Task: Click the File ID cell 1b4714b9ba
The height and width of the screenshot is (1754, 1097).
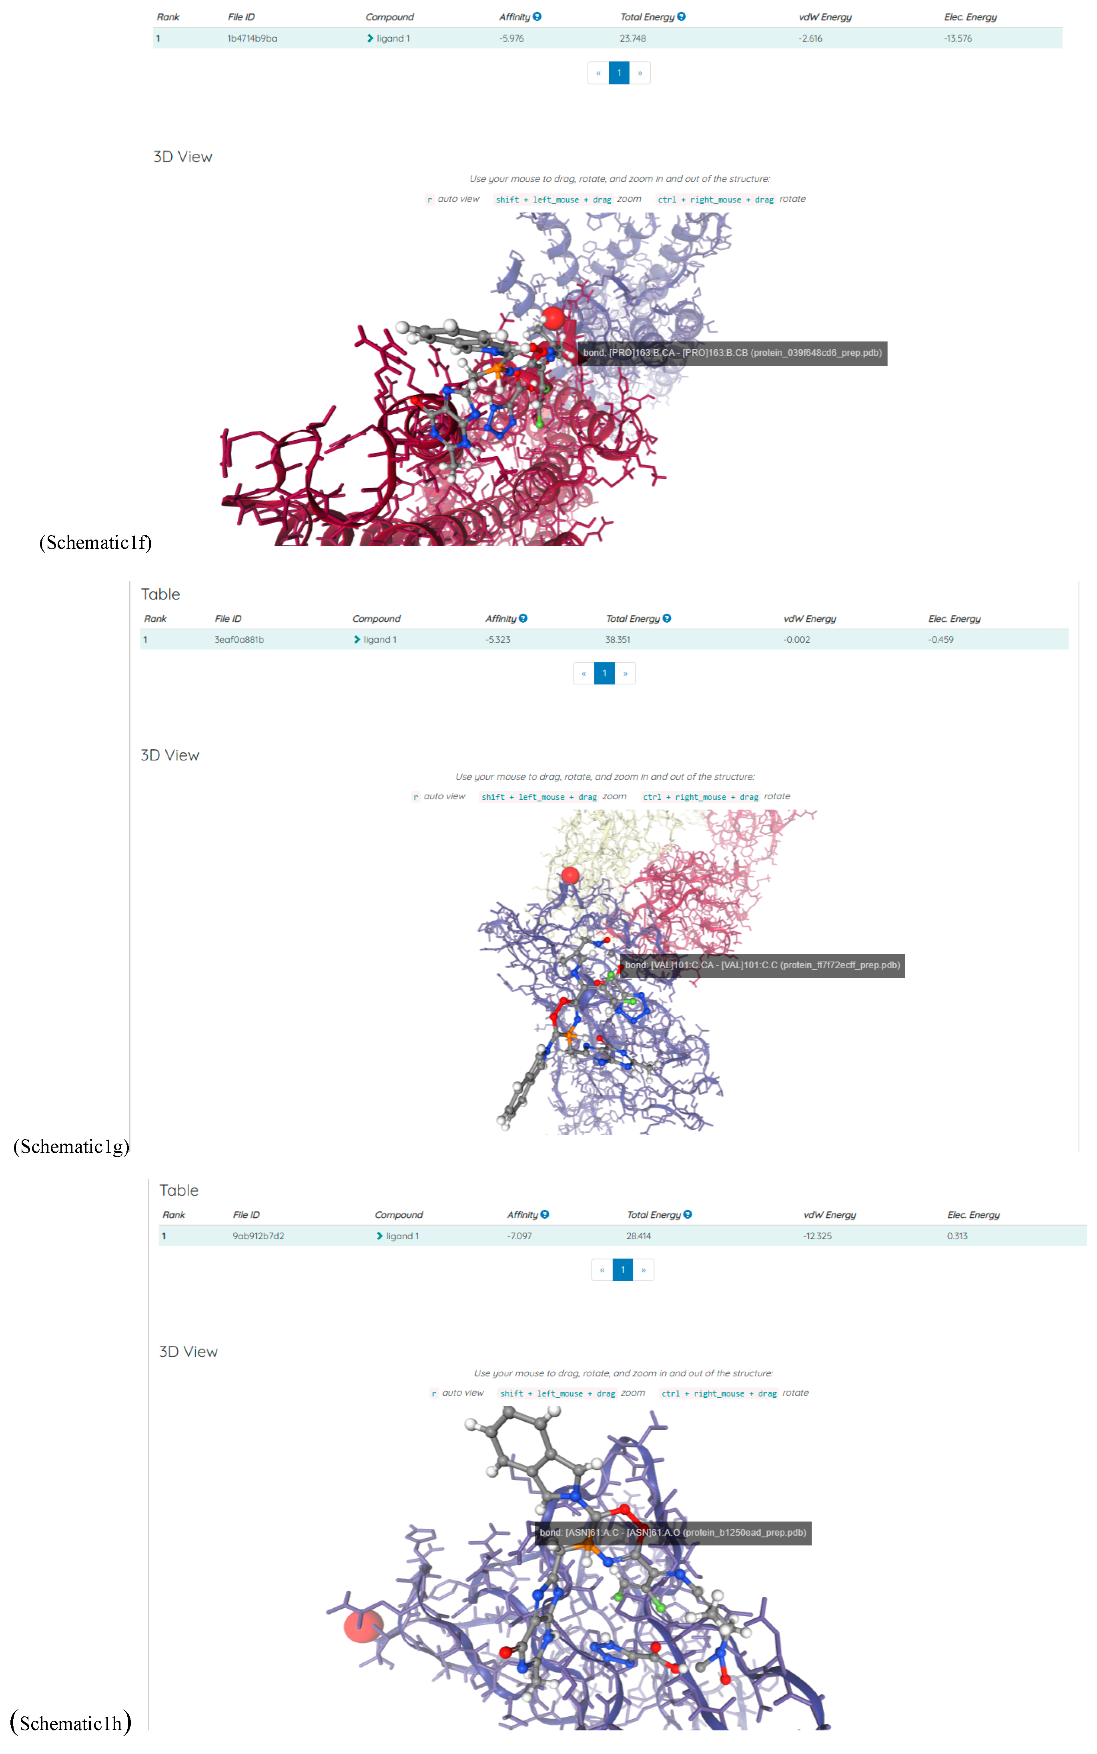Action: [x=252, y=38]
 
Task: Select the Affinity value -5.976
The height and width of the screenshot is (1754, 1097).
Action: [x=511, y=38]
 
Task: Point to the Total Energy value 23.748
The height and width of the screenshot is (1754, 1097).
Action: [x=633, y=38]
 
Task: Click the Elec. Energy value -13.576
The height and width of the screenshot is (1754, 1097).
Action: [x=958, y=38]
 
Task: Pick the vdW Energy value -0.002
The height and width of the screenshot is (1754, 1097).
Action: [x=796, y=639]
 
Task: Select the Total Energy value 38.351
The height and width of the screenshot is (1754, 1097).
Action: [x=618, y=639]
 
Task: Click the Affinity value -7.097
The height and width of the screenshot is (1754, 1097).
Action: [x=519, y=1235]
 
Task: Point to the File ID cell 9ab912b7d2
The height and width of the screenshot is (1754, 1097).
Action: [x=258, y=1235]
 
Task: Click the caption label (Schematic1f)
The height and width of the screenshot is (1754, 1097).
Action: [x=96, y=543]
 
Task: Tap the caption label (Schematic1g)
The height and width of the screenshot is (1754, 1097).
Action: [x=71, y=1146]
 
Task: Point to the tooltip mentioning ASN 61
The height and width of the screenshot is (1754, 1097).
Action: [x=672, y=1532]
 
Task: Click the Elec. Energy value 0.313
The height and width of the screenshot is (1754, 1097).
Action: [x=957, y=1235]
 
